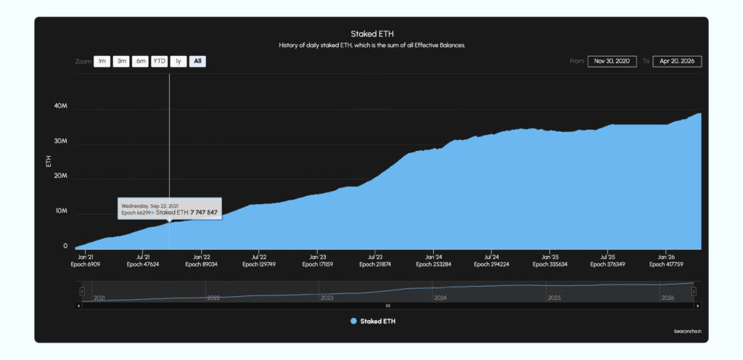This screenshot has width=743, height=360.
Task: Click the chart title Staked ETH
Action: point(372,34)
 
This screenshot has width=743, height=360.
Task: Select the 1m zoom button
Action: point(102,62)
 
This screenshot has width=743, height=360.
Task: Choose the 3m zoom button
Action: point(122,62)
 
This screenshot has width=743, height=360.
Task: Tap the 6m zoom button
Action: point(141,62)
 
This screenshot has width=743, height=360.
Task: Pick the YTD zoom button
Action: point(160,62)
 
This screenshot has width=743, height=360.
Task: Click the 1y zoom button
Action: point(178,62)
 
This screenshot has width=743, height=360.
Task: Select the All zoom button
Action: point(197,62)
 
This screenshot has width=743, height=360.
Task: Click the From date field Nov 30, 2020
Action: point(612,62)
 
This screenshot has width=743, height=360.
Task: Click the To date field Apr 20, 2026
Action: point(677,62)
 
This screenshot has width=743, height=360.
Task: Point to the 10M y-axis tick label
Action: point(61,212)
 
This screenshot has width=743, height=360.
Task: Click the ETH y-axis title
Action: point(48,161)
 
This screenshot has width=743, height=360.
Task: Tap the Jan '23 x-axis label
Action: point(318,257)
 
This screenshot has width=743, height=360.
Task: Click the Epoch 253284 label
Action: point(434,265)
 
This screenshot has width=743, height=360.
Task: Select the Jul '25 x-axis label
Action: point(608,257)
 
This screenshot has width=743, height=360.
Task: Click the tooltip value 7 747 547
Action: point(204,213)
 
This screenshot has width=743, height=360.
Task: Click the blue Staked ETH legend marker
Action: point(353,321)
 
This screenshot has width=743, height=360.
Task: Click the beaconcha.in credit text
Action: point(687,332)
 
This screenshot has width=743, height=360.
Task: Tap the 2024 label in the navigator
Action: point(440,298)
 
